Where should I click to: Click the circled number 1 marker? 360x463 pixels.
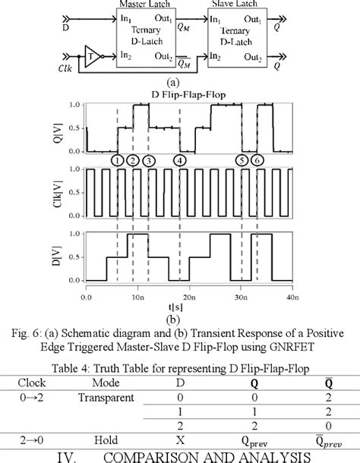pos(117,160)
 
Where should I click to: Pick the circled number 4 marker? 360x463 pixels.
pos(179,160)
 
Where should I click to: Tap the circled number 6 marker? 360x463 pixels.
pos(257,160)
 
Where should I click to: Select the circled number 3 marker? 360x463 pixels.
pos(149,160)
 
